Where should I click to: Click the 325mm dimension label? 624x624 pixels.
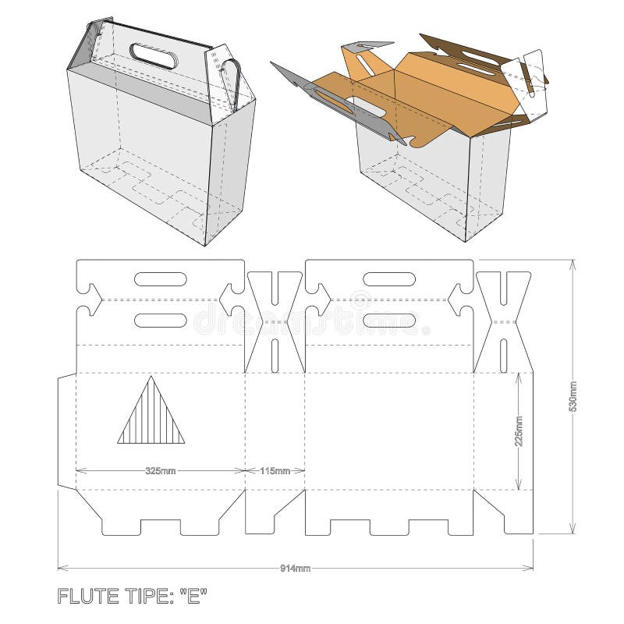(x=160, y=471)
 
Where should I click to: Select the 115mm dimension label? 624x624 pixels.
(x=275, y=471)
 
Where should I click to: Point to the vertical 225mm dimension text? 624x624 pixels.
(x=519, y=431)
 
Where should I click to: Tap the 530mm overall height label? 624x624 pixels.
(x=574, y=396)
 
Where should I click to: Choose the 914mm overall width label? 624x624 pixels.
(x=295, y=568)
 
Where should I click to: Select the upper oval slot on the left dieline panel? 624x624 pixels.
(x=160, y=279)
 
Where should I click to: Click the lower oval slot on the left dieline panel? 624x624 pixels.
(x=160, y=320)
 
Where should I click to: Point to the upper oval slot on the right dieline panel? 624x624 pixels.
(x=389, y=279)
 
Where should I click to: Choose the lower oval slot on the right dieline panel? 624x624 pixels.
(x=389, y=320)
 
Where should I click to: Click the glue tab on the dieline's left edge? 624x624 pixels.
(x=67, y=431)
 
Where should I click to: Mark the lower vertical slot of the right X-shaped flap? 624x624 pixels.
(x=504, y=353)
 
